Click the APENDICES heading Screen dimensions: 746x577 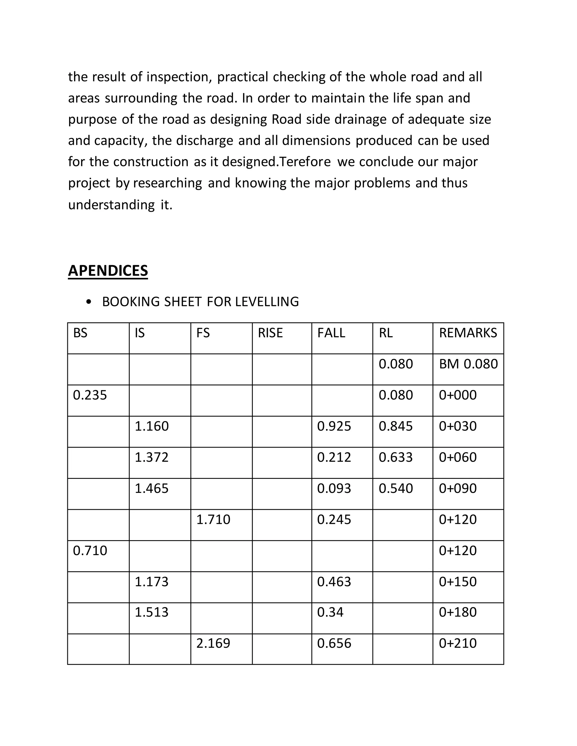click(x=108, y=271)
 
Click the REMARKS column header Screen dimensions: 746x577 click(x=468, y=333)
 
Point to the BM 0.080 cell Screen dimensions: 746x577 click(x=468, y=364)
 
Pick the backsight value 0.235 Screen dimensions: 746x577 click(x=90, y=395)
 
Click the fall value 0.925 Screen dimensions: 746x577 click(x=334, y=426)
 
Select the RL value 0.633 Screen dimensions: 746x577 click(x=396, y=457)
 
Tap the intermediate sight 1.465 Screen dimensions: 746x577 click(x=151, y=488)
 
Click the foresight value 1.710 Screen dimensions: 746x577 click(x=213, y=520)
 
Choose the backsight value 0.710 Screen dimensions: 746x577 click(x=90, y=551)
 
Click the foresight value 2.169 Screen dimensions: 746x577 click(x=213, y=643)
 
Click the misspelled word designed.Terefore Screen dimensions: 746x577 click(x=276, y=162)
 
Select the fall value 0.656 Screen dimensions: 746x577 click(x=334, y=643)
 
